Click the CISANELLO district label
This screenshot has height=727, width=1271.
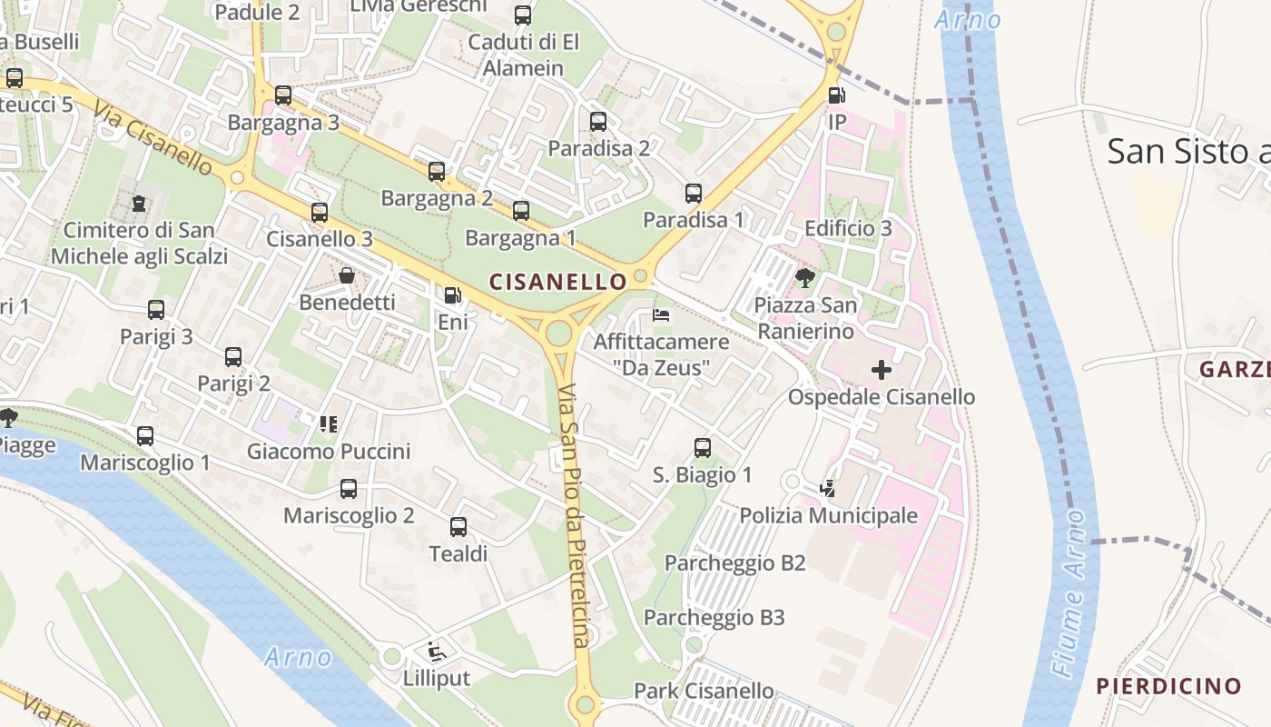pos(557,282)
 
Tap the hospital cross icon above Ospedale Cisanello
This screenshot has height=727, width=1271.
pos(881,370)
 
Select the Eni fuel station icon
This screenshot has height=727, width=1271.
pos(452,295)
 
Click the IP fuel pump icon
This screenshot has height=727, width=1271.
pos(836,95)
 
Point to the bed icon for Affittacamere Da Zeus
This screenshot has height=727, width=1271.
pos(662,315)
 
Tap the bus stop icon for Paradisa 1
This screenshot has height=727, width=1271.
pos(694,193)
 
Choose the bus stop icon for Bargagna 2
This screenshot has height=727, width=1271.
pos(437,171)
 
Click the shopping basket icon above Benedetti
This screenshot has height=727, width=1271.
pos(347,274)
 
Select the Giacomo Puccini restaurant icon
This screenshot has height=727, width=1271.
pos(329,423)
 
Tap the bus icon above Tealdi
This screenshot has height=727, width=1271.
pos(458,526)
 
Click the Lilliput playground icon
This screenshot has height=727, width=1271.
pos(437,651)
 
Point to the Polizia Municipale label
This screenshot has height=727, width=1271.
pos(828,515)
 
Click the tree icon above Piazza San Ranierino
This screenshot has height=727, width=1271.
pos(804,277)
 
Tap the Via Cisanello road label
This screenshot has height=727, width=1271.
pos(153,136)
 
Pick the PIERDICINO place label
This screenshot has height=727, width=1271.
pos(1168,685)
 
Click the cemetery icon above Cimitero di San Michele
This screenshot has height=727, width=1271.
pos(139,204)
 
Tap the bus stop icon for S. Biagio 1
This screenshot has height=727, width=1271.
pos(703,447)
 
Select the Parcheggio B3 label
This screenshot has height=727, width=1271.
pos(714,618)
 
